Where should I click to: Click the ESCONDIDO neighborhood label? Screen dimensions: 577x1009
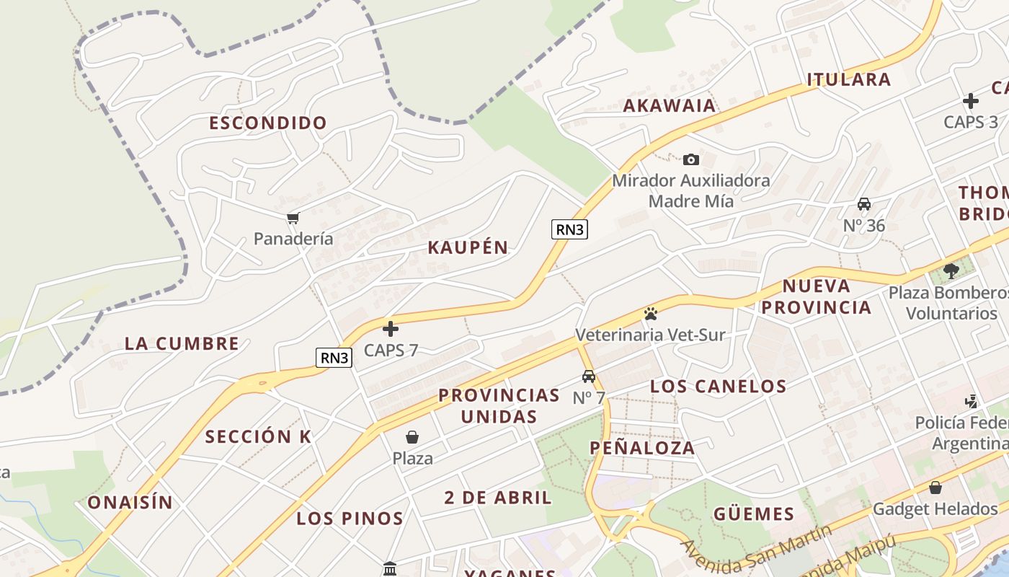click(268, 123)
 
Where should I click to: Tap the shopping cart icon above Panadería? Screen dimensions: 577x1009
click(293, 218)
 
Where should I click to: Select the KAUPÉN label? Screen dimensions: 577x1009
click(468, 247)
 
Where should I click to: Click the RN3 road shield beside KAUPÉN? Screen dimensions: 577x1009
click(569, 229)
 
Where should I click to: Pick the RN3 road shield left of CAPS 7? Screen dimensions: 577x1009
click(334, 357)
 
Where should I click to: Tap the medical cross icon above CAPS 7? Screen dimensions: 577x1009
click(391, 330)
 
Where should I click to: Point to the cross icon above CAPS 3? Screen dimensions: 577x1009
click(971, 101)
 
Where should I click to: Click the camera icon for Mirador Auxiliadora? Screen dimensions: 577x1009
click(690, 159)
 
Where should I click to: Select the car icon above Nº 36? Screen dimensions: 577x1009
click(864, 204)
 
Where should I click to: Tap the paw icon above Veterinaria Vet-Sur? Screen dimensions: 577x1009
click(650, 314)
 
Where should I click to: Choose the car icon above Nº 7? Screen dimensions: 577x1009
click(589, 376)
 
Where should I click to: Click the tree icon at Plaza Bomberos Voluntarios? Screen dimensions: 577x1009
click(951, 271)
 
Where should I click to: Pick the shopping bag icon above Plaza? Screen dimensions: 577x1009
click(412, 437)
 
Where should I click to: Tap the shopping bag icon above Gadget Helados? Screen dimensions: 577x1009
click(935, 488)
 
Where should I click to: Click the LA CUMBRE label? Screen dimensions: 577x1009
click(182, 343)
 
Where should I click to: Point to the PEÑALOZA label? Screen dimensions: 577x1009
click(642, 448)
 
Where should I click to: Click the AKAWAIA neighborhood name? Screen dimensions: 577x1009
click(670, 105)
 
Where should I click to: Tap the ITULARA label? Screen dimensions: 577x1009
click(848, 79)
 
